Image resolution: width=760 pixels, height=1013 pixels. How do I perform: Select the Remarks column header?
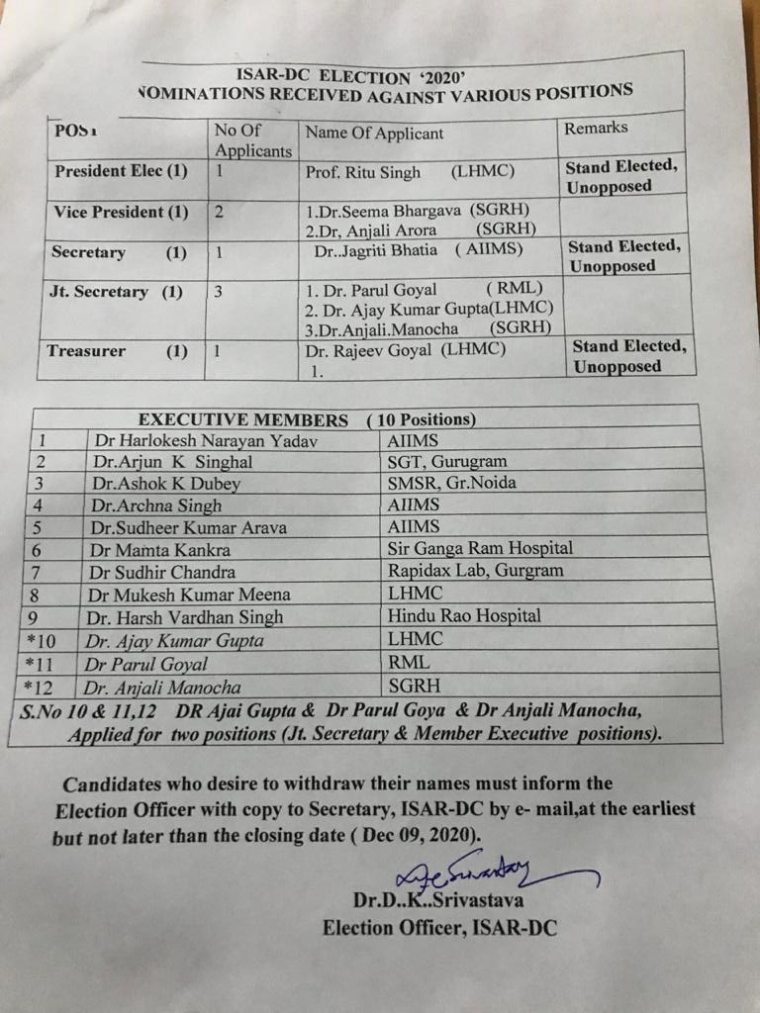coord(596,128)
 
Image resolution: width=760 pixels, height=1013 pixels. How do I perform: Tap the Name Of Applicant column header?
coord(374,133)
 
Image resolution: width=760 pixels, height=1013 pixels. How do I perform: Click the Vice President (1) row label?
coord(120,212)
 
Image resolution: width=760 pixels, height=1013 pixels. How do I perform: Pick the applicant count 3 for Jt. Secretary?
coord(219,292)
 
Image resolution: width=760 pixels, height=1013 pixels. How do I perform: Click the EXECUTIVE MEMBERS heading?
coord(242,419)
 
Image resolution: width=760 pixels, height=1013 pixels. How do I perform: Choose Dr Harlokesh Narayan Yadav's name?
coord(205,441)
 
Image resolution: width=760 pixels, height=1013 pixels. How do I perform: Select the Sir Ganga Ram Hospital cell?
coord(481,548)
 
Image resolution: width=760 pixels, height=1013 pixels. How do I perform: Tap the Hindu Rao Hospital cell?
coord(465,615)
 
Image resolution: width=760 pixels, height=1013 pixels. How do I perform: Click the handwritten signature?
coord(475,871)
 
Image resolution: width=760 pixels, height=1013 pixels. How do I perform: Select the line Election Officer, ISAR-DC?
coord(439,927)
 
